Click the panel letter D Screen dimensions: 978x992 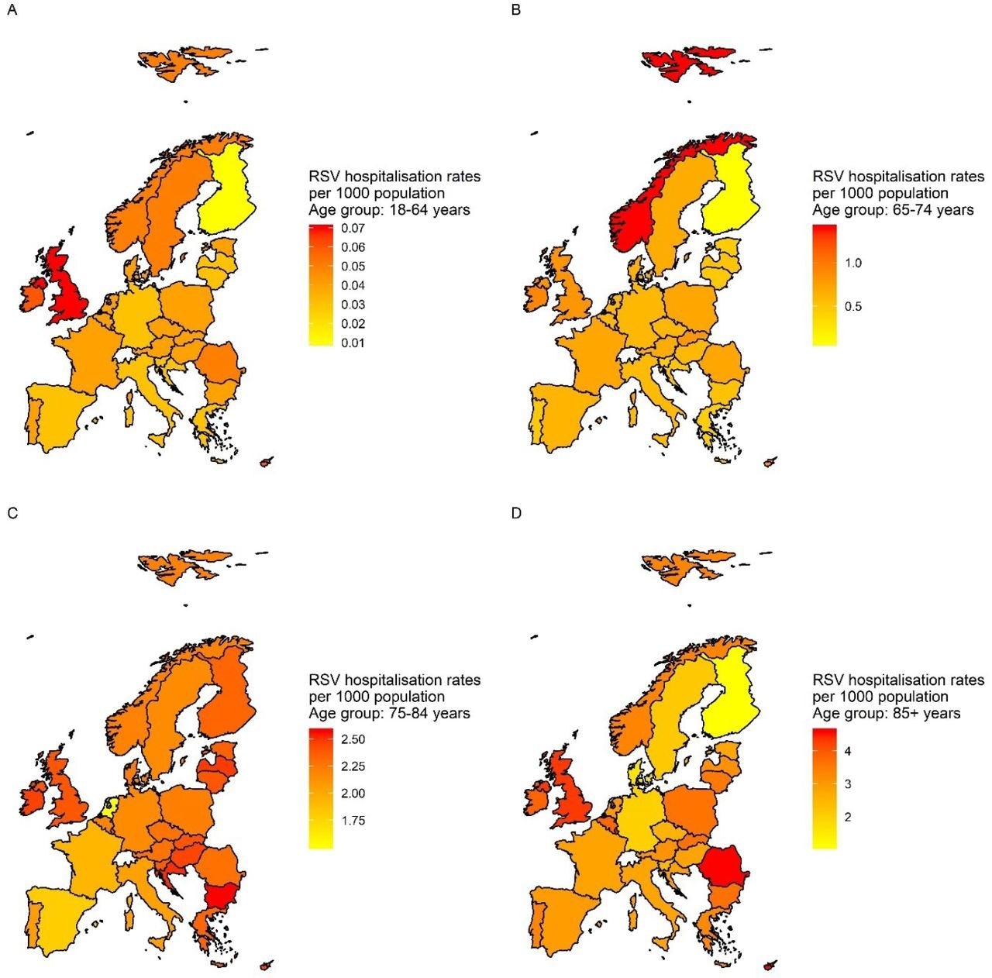516,513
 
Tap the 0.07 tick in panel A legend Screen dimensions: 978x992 353,229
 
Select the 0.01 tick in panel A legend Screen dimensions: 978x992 353,343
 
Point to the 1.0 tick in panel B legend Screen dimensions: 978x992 852,263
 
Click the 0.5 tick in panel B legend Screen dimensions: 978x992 852,307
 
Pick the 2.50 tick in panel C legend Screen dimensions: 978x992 353,739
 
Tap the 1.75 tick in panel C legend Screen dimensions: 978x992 353,821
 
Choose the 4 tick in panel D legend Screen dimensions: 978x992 848,752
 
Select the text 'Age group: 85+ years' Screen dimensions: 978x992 886,714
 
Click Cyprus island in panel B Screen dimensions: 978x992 770,463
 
